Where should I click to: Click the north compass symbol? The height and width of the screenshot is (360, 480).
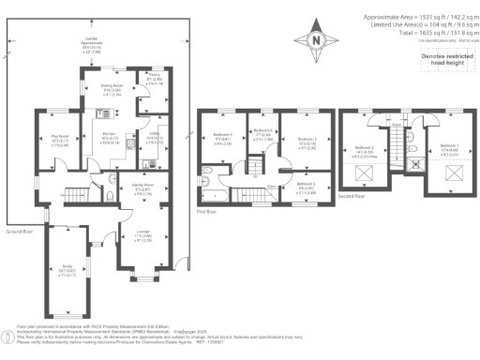(315, 41)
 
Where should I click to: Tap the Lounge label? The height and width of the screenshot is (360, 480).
(143, 236)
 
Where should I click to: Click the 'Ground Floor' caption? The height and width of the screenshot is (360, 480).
(21, 230)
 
